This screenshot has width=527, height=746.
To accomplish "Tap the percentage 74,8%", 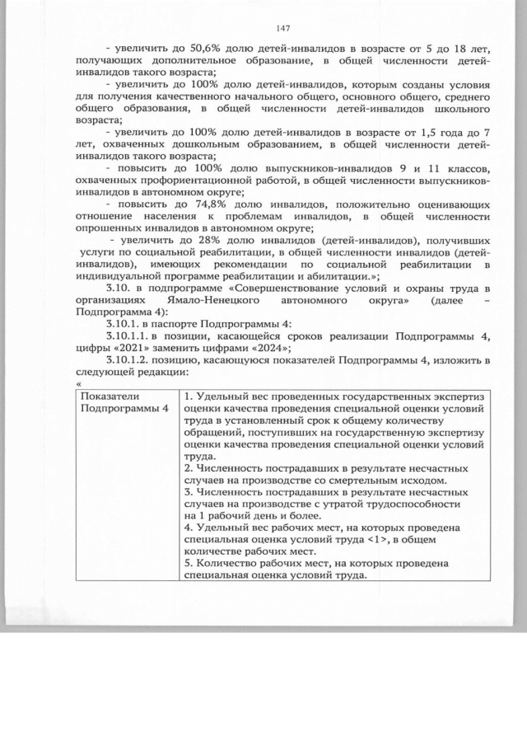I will point(208,204).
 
